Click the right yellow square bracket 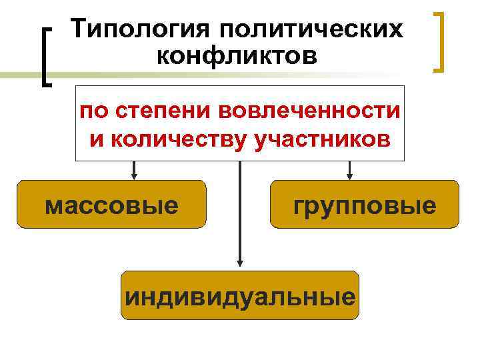(x=439, y=41)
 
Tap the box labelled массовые (x=111, y=205)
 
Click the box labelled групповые (x=365, y=205)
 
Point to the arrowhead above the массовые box (x=134, y=175)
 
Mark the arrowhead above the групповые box (x=349, y=175)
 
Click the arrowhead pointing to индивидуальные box (x=241, y=265)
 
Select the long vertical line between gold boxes (x=241, y=213)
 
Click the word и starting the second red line (x=94, y=140)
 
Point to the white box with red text (x=240, y=123)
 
